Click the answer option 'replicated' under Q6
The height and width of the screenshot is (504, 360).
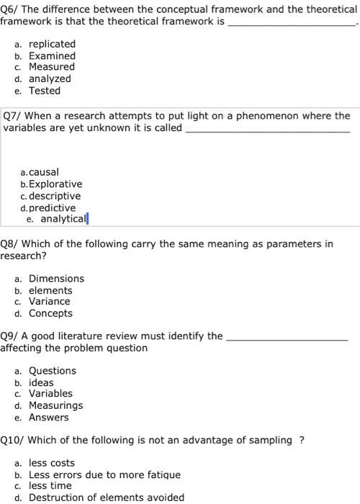(52, 43)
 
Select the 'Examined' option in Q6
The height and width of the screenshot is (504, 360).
(52, 55)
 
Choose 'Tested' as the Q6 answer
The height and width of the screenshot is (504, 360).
(45, 91)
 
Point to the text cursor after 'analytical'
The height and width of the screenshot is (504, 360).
(87, 219)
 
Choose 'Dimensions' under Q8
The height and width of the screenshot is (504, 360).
(56, 278)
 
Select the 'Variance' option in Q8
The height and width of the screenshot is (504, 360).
(50, 301)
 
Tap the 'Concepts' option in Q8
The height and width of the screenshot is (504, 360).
(50, 313)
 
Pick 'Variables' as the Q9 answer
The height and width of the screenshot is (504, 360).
(50, 393)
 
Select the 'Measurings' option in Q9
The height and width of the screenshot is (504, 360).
(55, 405)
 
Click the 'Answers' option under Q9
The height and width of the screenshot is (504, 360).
(49, 418)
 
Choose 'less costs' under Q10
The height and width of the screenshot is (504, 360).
(51, 463)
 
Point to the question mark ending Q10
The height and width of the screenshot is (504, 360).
(302, 440)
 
